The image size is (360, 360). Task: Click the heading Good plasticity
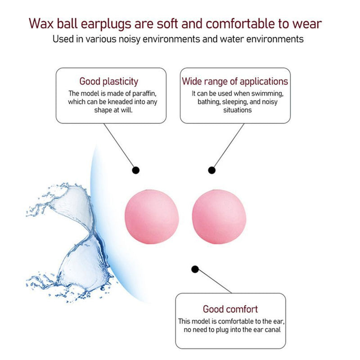coord(109,81)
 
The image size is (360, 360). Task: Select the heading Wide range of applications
coord(234,81)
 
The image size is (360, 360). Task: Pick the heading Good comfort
coord(230,309)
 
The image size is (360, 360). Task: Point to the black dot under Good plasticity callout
coord(135,170)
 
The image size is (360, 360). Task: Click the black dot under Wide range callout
coord(211,170)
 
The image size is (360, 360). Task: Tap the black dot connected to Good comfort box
coord(195,269)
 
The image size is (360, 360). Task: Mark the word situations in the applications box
coord(238,110)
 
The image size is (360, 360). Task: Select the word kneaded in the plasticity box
coord(118,102)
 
